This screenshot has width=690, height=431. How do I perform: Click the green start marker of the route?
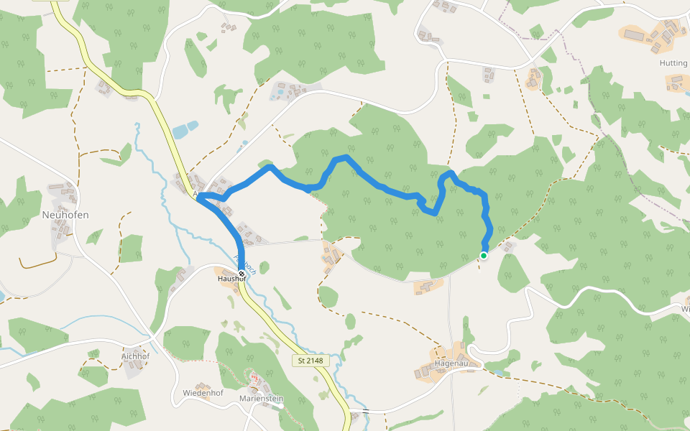click(484, 256)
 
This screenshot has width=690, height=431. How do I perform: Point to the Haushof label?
click(231, 279)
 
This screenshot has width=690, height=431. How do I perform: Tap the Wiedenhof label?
click(203, 393)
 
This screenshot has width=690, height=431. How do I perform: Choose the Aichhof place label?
click(136, 356)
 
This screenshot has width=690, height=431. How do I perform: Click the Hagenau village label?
click(452, 363)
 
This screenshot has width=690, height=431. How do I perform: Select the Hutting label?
click(673, 63)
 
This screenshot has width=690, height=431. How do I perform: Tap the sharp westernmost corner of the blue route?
click(201, 196)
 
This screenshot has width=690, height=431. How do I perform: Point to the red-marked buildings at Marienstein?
click(255, 378)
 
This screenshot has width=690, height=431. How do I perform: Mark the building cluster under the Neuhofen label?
click(61, 230)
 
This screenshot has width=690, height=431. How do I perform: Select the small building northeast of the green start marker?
click(509, 247)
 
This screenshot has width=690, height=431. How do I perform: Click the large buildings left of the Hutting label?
click(635, 34)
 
